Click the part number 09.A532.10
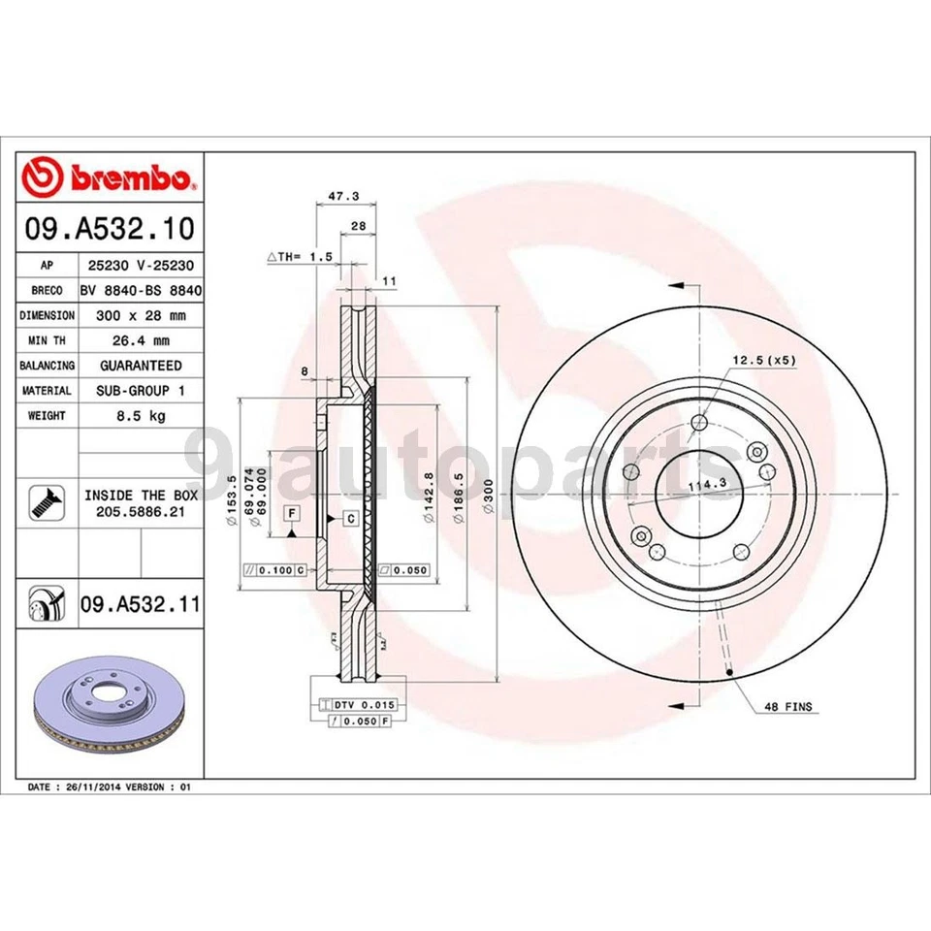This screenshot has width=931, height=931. point(111,229)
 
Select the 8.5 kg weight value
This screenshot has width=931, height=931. point(141,416)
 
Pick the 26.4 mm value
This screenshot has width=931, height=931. point(141,340)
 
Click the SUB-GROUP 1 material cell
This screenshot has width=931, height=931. point(141,391)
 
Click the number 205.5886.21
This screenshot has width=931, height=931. point(141,510)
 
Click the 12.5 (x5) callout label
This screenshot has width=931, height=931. point(763,361)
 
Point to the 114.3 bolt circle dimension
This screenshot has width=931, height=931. point(706,484)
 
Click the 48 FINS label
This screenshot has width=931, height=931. point(787,707)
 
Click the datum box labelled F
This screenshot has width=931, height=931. point(290,511)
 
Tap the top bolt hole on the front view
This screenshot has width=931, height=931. point(699,422)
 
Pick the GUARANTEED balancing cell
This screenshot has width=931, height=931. point(141,366)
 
